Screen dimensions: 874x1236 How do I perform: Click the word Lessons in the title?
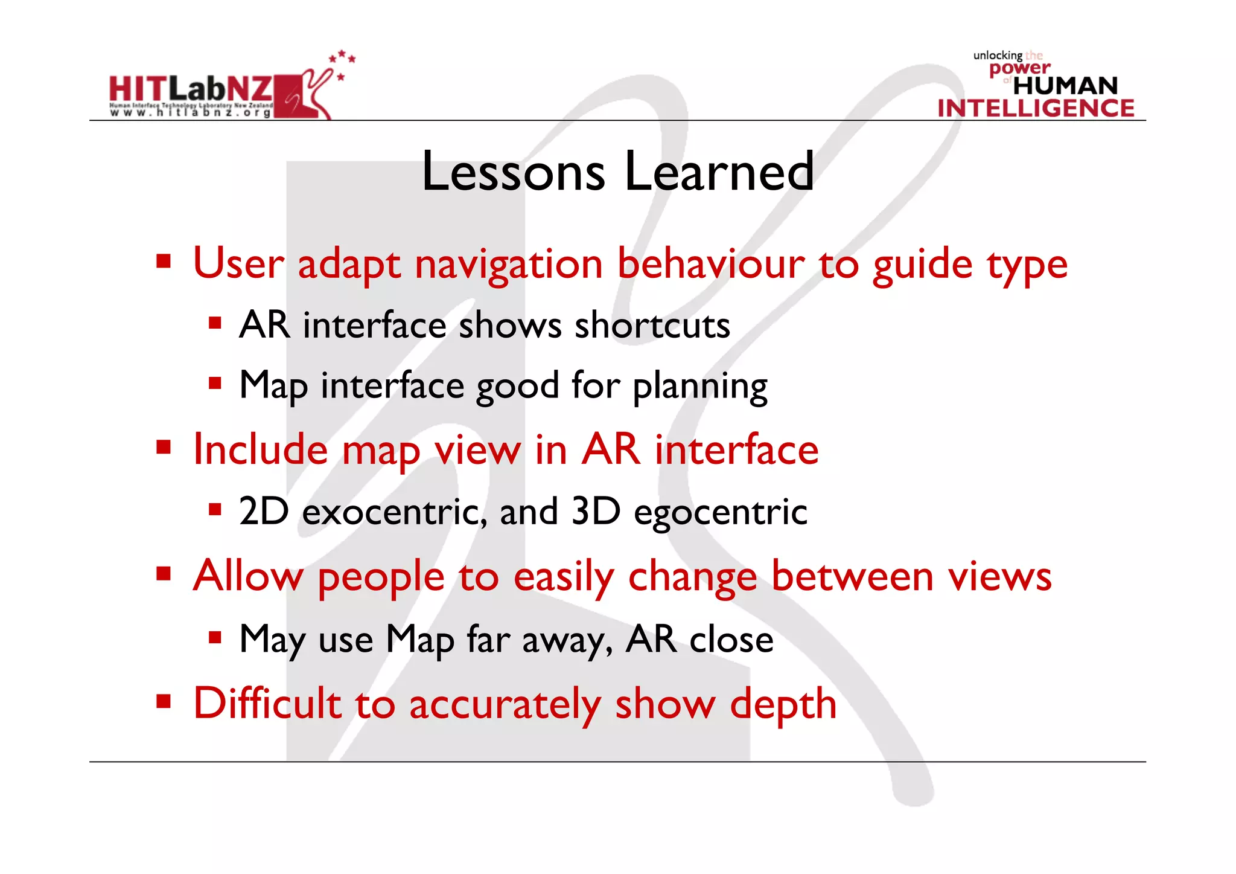coord(513,172)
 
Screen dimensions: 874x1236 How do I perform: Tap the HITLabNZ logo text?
coord(191,89)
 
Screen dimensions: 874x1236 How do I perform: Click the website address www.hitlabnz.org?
coord(191,112)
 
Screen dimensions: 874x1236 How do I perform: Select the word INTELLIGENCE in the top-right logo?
coord(1036,108)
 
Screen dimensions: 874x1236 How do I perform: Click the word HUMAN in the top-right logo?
coord(1065,86)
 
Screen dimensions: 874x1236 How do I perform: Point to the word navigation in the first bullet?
coord(509,265)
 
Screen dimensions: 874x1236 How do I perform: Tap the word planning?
coord(700,387)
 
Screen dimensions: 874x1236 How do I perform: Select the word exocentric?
coord(394,512)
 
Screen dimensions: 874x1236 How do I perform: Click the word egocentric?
coord(720,512)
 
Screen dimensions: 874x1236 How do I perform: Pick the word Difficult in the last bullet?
coord(267,704)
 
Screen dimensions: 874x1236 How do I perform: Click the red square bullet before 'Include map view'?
coord(164,448)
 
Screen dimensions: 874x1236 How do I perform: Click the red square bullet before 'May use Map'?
coord(215,637)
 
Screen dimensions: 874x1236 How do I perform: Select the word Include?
coord(260,450)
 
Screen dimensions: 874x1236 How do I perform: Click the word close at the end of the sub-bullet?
coord(731,640)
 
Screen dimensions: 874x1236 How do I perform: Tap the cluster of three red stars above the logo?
coord(342,57)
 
